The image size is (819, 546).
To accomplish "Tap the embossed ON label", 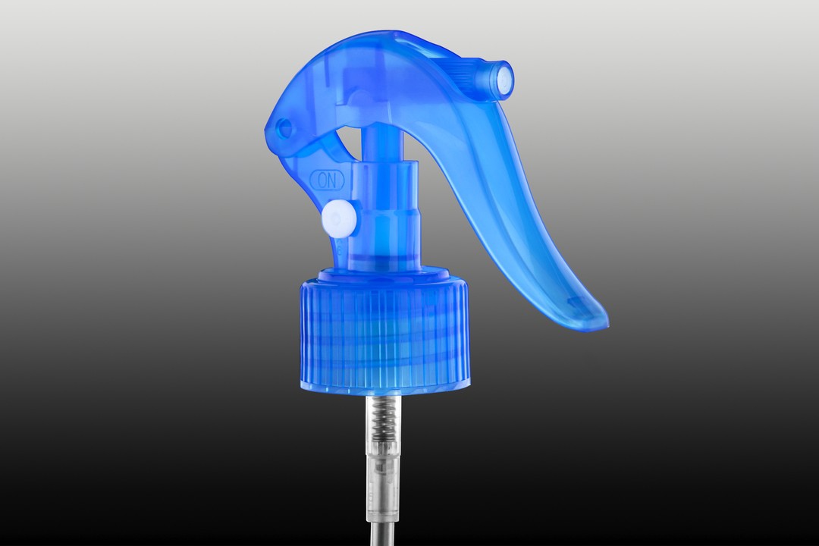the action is coord(328,180).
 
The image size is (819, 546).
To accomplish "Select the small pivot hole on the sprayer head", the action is coord(285,127).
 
